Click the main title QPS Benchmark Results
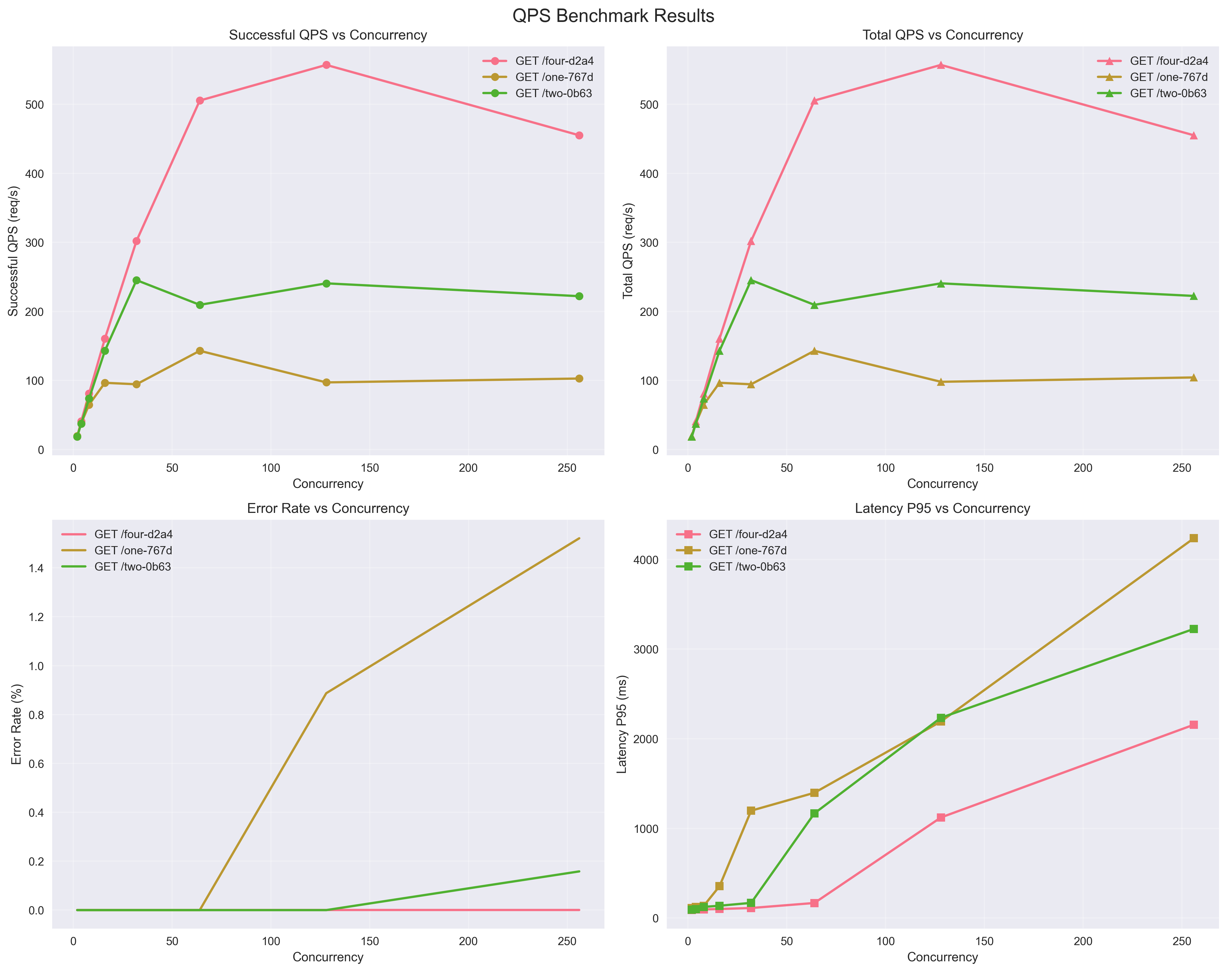(613, 16)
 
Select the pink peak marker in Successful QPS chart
(326, 65)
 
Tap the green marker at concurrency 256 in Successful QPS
(579, 296)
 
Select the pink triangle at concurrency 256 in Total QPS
(1194, 136)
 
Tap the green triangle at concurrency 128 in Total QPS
(941, 283)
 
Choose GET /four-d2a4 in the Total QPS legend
(1168, 61)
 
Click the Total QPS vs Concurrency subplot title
(942, 35)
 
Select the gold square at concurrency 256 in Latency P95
(1194, 538)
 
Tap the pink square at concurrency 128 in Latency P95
(941, 817)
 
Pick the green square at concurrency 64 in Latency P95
(814, 813)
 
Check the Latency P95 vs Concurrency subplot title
(942, 508)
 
